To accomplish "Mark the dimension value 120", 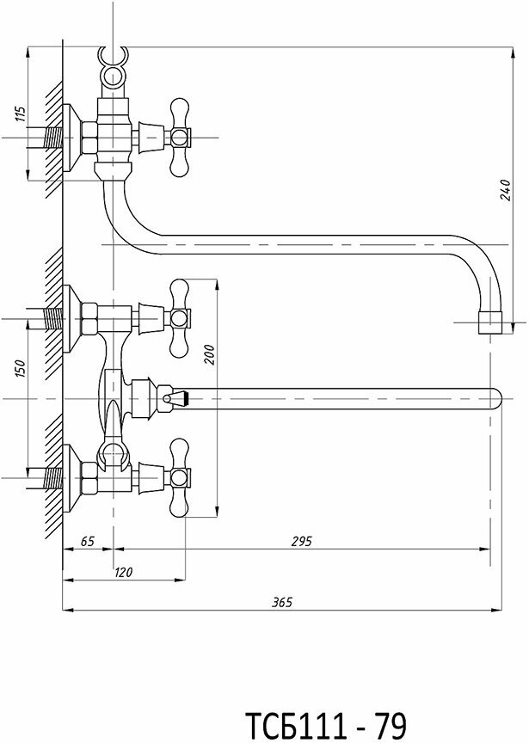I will [x=123, y=571].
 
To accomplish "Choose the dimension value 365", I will [x=282, y=603].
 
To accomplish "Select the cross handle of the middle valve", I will [x=180, y=317].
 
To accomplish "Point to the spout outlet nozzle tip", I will [x=492, y=325].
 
